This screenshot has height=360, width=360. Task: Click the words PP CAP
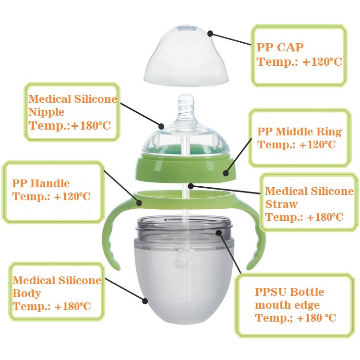pyautogui.click(x=280, y=48)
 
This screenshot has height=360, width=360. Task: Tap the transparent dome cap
pyautogui.click(x=186, y=56)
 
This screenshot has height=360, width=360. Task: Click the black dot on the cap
pyautogui.click(x=210, y=34)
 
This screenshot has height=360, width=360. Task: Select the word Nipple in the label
pyautogui.click(x=46, y=112)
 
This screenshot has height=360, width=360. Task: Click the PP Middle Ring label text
pyautogui.click(x=300, y=132)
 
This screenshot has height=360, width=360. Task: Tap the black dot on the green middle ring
pyautogui.click(x=226, y=173)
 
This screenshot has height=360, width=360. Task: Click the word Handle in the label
pyautogui.click(x=50, y=183)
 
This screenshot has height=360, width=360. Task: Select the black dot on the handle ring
pyautogui.click(x=139, y=203)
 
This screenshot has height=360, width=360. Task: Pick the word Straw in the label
pyautogui.click(x=281, y=204)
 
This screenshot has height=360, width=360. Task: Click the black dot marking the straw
pyautogui.click(x=191, y=186)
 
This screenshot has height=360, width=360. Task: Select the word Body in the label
pyautogui.click(x=26, y=294)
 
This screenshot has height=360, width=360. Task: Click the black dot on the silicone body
pyautogui.click(x=144, y=301)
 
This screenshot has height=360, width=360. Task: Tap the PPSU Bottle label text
pyautogui.click(x=289, y=292)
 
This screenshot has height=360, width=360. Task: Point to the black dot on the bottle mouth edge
pyautogui.click(x=218, y=233)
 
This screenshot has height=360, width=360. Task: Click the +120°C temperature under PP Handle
pyautogui.click(x=72, y=196)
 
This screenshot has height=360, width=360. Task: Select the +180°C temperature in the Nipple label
pyautogui.click(x=91, y=126)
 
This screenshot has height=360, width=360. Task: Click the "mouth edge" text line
pyautogui.click(x=287, y=305)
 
